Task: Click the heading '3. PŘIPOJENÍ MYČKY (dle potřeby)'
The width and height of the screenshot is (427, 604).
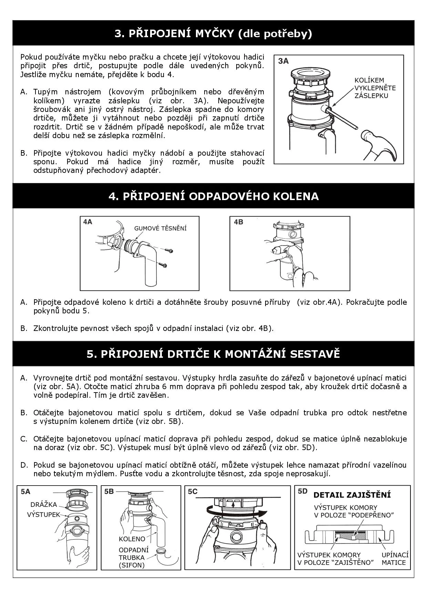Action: pyautogui.click(x=213, y=33)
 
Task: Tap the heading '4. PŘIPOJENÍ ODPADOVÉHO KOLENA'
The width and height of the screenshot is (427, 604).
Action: pyautogui.click(x=213, y=196)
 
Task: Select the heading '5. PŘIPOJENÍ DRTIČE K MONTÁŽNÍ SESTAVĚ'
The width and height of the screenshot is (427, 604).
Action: pyautogui.click(x=213, y=354)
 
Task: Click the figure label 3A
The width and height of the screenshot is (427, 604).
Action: pyautogui.click(x=283, y=61)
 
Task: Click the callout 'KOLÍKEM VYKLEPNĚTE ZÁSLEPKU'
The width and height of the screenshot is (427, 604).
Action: pyautogui.click(x=375, y=88)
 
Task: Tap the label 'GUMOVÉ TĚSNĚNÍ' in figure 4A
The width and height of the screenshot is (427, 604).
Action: pyautogui.click(x=160, y=228)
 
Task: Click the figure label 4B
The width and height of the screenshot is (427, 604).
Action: pyautogui.click(x=238, y=222)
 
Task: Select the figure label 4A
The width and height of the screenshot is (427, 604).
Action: pyautogui.click(x=88, y=222)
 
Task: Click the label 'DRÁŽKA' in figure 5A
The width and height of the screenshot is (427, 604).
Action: pyautogui.click(x=44, y=504)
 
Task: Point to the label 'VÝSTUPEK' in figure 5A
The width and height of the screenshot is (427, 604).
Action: pyautogui.click(x=43, y=514)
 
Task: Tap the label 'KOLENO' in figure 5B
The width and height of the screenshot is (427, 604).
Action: pyautogui.click(x=132, y=539)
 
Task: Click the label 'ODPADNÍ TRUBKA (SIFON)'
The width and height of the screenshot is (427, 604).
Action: pyautogui.click(x=134, y=558)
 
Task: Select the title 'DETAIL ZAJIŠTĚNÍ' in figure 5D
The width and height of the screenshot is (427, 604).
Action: pyautogui.click(x=352, y=495)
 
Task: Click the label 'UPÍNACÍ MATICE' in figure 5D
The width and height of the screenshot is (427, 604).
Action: pyautogui.click(x=395, y=559)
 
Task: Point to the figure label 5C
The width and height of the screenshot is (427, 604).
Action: pyautogui.click(x=192, y=491)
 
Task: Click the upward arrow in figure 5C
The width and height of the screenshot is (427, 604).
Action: pyautogui.click(x=233, y=504)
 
